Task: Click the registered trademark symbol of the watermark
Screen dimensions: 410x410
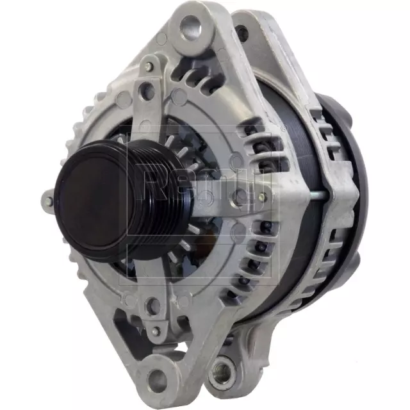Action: pos(283,129)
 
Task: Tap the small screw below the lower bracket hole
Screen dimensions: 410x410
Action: pos(154,332)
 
